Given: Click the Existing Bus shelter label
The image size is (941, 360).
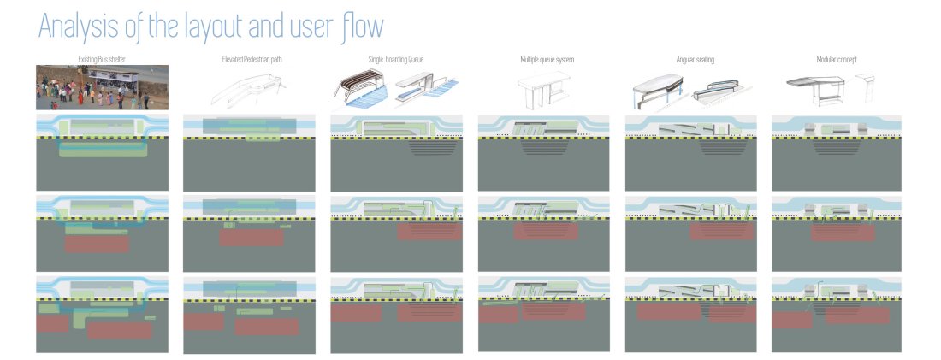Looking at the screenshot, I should pos(102,59).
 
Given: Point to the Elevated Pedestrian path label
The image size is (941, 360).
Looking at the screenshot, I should pos(249,59).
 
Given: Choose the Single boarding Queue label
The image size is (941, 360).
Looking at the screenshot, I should pos(396,59).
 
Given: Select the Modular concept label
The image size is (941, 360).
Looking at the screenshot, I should pos(837,59).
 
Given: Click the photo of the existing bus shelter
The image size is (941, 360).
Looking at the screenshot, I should pos(102,87).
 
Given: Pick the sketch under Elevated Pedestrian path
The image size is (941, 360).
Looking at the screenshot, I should pos(249,86).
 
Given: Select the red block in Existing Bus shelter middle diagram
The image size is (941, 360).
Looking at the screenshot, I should pos(97,244).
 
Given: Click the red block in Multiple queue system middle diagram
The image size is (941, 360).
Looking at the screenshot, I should pos(544,232).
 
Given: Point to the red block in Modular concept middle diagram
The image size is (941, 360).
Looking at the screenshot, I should pos(843,232).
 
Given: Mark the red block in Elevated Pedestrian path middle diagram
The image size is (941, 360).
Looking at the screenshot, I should pos(251,238).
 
